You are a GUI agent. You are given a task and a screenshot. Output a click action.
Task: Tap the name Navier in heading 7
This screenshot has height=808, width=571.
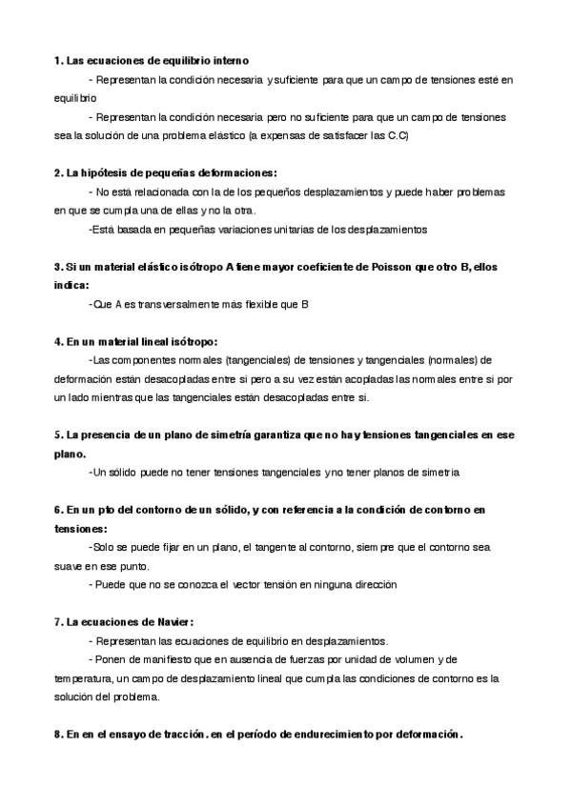[173, 621]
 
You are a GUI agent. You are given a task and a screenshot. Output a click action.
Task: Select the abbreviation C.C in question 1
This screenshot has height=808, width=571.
[398, 135]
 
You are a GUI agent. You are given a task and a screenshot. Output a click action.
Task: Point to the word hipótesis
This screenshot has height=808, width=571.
[105, 172]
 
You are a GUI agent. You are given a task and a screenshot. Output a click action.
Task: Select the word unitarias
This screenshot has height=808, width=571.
[241, 230]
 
